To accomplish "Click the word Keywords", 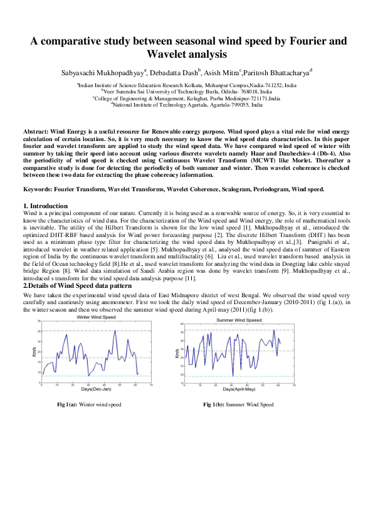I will [40, 188].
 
